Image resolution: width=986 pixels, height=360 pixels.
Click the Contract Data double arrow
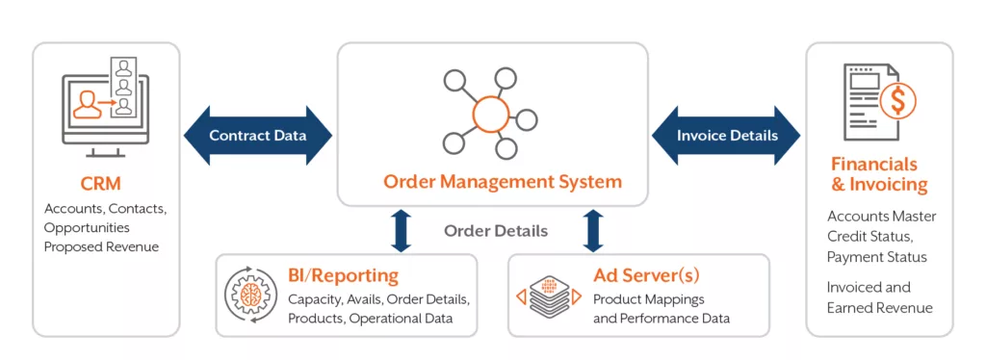pyautogui.click(x=257, y=135)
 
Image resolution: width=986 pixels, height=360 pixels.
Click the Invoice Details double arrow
pyautogui.click(x=726, y=135)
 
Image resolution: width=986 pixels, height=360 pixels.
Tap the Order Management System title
pyautogui.click(x=503, y=181)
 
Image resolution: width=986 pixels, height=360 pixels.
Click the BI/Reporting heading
pyautogui.click(x=343, y=276)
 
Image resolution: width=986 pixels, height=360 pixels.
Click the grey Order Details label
pyautogui.click(x=495, y=231)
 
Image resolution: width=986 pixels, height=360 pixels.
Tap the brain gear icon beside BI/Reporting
pyautogui.click(x=248, y=296)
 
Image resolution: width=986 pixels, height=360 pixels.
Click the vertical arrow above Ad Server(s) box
pyautogui.click(x=593, y=231)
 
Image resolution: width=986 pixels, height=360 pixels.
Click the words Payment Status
pyautogui.click(x=876, y=257)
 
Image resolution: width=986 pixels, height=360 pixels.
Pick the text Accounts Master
pyautogui.click(x=881, y=217)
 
